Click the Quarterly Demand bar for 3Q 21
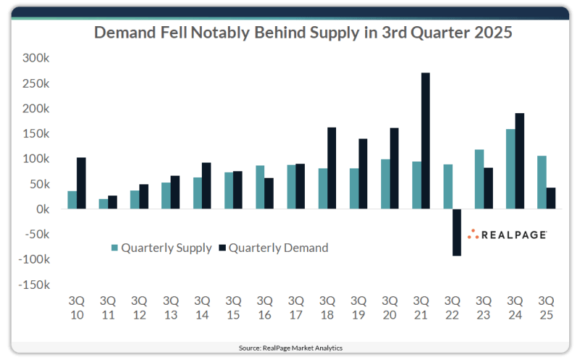point(425,141)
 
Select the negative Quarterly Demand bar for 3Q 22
point(457,232)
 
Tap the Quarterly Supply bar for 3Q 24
point(510,169)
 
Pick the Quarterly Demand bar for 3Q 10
point(81,183)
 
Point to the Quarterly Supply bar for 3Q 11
point(103,204)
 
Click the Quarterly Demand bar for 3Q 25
point(550,198)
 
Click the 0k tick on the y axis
point(40,209)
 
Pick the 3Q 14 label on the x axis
point(202,306)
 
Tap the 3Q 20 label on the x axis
point(390,306)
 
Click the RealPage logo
point(507,234)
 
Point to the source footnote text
point(290,348)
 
